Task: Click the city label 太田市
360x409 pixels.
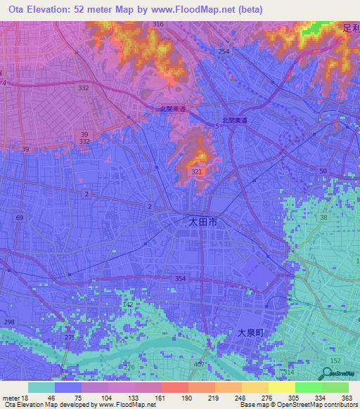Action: pyautogui.click(x=203, y=221)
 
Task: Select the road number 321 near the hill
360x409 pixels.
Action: pyautogui.click(x=197, y=171)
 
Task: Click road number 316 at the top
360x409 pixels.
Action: pyautogui.click(x=158, y=25)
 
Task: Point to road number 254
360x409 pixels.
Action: pyautogui.click(x=224, y=52)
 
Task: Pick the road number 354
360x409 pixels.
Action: pyautogui.click(x=181, y=279)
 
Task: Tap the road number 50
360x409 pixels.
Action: pyautogui.click(x=323, y=171)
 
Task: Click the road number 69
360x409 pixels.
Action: pyautogui.click(x=19, y=219)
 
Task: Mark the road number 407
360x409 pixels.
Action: pyautogui.click(x=200, y=364)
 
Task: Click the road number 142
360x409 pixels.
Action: pyautogui.click(x=128, y=304)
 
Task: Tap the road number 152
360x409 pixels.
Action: pyautogui.click(x=335, y=360)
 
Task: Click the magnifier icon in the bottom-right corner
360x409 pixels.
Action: pyautogui.click(x=328, y=375)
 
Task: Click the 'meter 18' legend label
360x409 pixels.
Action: pyautogui.click(x=13, y=398)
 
